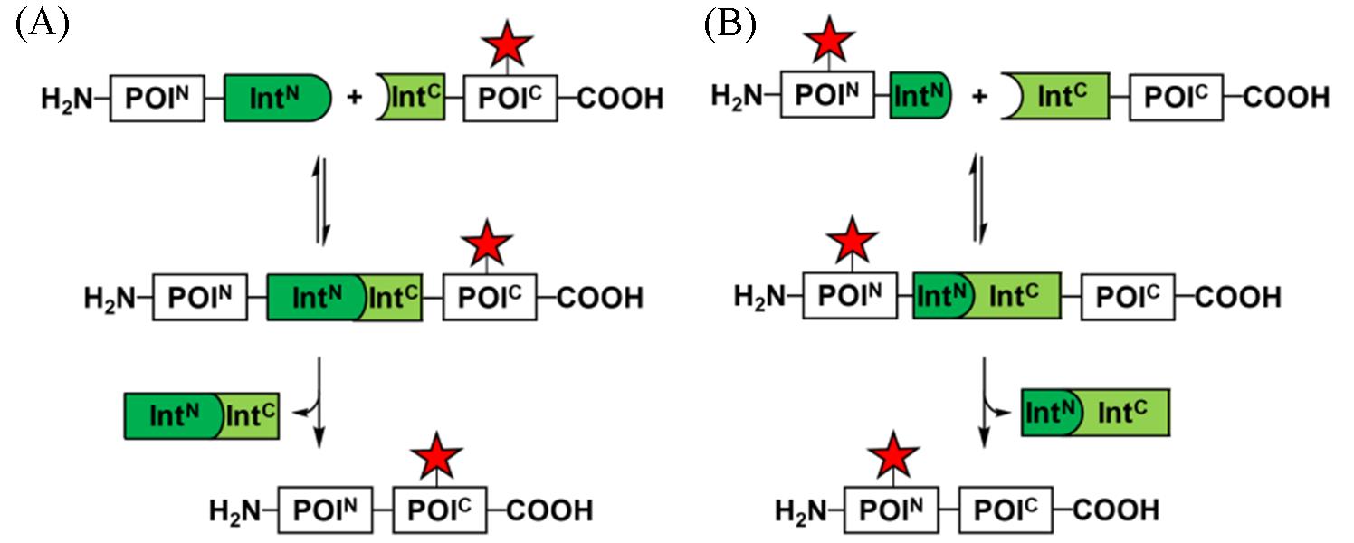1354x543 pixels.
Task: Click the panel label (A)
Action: [x=42, y=24]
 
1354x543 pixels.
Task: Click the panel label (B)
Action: [x=729, y=24]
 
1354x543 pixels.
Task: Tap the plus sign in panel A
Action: [x=355, y=98]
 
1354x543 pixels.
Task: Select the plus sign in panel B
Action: [x=977, y=97]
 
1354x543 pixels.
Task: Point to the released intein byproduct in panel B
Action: [x=1095, y=414]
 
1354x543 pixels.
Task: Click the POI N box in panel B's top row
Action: [x=834, y=96]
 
